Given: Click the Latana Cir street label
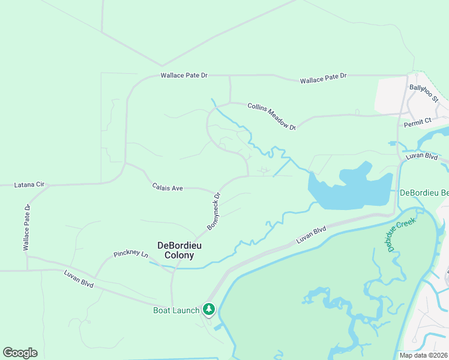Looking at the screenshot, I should (x=29, y=185).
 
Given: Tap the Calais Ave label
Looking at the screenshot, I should (x=167, y=188).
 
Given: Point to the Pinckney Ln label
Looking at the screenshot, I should (x=131, y=254).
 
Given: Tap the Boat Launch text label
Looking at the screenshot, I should (x=176, y=310).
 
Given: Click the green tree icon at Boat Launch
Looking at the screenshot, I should (x=208, y=309).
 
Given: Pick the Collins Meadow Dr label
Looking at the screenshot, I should (x=272, y=116).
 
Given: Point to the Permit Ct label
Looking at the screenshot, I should (x=418, y=122).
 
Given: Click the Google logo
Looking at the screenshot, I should (x=20, y=353).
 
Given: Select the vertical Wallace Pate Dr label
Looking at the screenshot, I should (x=27, y=227).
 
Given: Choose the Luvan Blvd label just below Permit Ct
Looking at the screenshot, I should (x=421, y=155).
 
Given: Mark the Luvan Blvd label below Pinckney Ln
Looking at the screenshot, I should (x=79, y=279).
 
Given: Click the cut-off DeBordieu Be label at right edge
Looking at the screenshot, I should (x=424, y=193).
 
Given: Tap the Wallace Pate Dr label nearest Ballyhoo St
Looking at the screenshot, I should (x=324, y=78).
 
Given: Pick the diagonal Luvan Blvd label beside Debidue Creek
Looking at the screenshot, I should (x=311, y=234).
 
